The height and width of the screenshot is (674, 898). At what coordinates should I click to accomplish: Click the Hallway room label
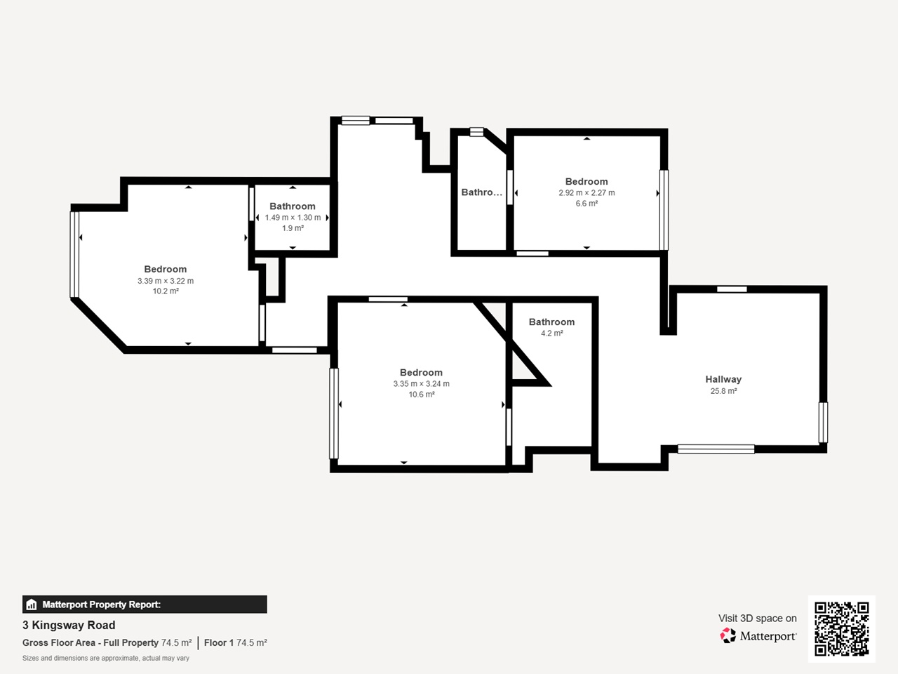click(x=723, y=379)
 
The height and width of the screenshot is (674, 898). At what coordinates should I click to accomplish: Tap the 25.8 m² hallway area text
click(x=723, y=391)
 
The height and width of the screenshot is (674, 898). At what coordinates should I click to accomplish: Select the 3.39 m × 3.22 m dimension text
click(x=166, y=281)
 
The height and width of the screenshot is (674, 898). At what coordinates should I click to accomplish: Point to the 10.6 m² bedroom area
click(x=422, y=394)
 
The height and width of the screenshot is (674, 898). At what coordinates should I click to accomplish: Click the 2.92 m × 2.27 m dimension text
click(x=587, y=193)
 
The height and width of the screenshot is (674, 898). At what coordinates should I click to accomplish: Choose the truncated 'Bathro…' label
click(x=481, y=192)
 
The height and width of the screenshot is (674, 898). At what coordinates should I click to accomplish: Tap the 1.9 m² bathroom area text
click(x=293, y=228)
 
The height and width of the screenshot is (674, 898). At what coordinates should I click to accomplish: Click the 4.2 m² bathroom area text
click(x=552, y=333)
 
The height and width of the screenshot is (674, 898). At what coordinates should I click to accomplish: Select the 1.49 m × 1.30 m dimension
click(x=293, y=218)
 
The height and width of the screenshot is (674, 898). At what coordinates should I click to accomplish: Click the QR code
click(x=842, y=628)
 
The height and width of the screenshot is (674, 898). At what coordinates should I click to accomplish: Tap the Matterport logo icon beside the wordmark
click(x=728, y=635)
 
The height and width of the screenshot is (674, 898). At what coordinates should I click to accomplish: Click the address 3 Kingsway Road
click(x=69, y=625)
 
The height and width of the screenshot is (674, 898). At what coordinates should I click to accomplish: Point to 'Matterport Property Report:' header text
click(x=102, y=604)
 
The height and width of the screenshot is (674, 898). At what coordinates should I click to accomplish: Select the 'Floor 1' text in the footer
click(x=219, y=642)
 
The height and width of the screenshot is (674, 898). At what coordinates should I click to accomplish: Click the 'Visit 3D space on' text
click(x=757, y=618)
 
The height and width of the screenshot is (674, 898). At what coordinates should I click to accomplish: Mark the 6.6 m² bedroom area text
click(x=587, y=204)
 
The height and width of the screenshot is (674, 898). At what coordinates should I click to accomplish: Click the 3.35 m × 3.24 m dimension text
click(x=422, y=383)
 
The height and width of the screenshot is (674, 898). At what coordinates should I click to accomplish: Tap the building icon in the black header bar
click(x=32, y=604)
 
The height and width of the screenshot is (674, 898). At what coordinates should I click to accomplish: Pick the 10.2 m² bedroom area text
click(x=166, y=291)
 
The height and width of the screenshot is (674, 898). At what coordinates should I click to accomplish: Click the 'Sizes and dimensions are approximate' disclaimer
click(x=105, y=658)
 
